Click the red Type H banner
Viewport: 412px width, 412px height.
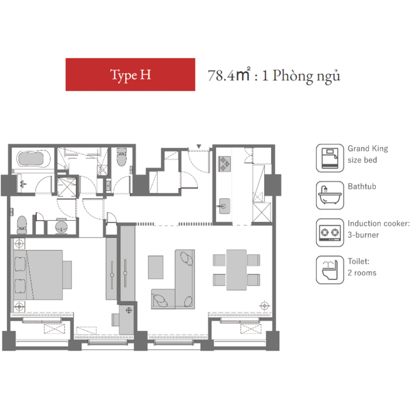point(130,74)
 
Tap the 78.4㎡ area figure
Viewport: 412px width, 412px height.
point(229,75)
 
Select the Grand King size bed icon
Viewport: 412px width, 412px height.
point(330,158)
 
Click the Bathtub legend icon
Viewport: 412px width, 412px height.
point(330,195)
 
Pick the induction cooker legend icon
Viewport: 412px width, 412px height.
point(330,233)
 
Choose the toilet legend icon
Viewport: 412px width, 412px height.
point(330,270)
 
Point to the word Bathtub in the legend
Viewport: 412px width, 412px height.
point(362,187)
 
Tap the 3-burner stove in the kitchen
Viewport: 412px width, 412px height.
point(225,164)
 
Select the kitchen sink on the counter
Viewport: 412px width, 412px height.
point(224,206)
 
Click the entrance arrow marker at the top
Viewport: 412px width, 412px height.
point(199,146)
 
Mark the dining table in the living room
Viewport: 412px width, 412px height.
point(237,270)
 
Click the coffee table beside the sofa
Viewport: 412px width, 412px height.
point(156,267)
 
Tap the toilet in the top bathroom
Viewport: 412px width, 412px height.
point(122,157)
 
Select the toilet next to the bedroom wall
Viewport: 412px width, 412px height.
point(22,225)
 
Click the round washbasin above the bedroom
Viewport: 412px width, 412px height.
point(61,227)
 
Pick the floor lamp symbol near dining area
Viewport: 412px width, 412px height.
point(265,306)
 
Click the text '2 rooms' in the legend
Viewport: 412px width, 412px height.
point(362,273)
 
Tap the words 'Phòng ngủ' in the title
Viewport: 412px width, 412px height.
point(306,76)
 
